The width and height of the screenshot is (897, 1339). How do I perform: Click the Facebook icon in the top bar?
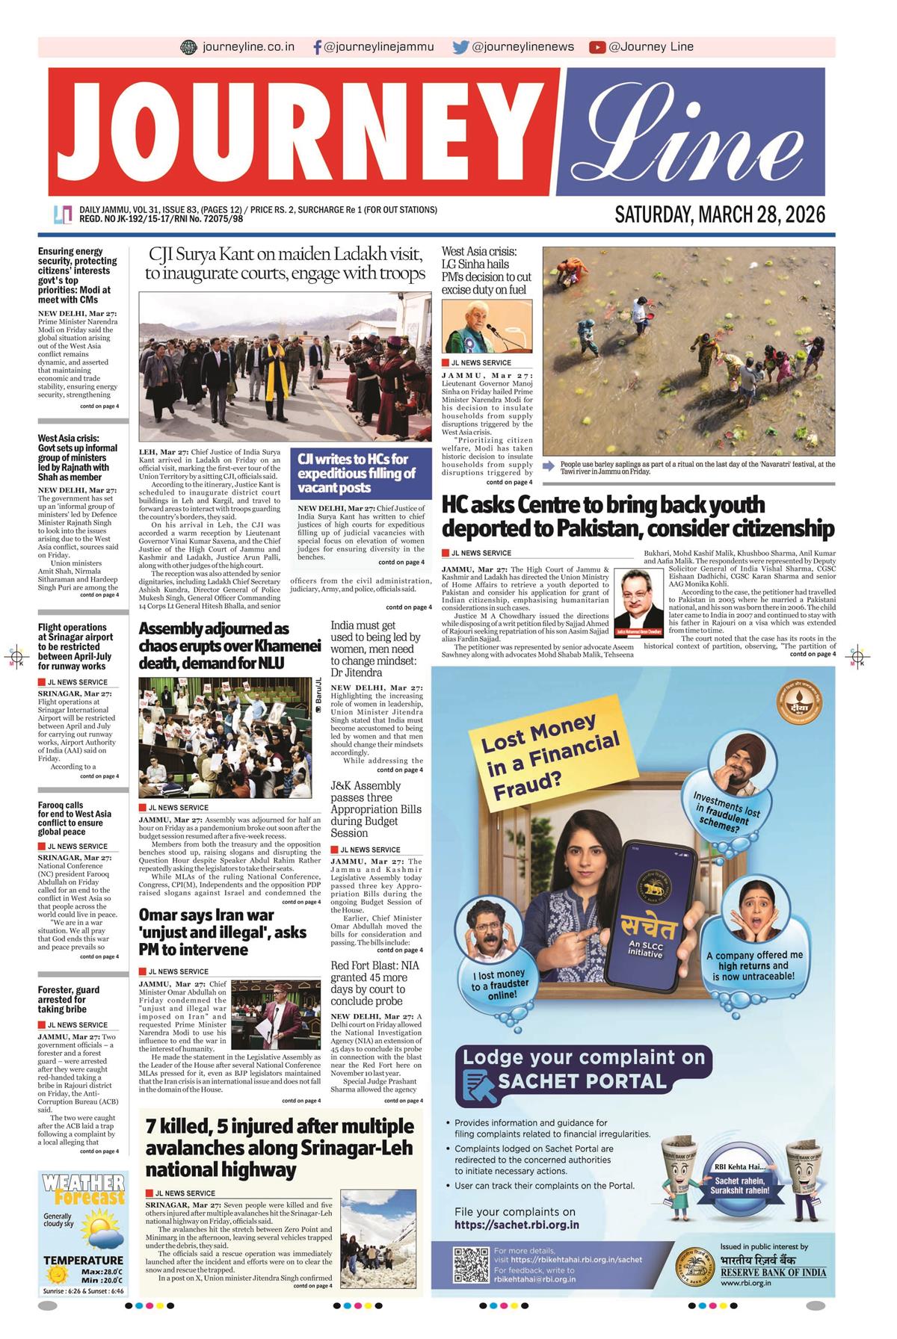(318, 47)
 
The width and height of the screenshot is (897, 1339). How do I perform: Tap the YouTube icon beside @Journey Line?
(597, 47)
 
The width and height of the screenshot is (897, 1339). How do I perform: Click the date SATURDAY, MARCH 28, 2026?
(719, 215)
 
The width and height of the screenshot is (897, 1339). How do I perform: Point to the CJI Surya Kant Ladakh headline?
(286, 264)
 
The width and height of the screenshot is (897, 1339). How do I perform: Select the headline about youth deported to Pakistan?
(637, 516)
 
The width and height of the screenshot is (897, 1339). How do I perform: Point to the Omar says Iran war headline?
(223, 932)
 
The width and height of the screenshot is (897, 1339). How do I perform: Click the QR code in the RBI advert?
(471, 1264)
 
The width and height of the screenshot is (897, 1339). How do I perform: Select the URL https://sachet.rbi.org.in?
(517, 1225)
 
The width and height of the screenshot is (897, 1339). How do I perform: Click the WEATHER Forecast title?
(84, 1190)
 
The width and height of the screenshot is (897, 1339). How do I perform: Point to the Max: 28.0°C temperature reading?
(102, 1272)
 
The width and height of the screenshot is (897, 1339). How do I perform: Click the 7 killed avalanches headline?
(280, 1147)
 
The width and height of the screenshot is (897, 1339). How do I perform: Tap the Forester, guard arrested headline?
(69, 999)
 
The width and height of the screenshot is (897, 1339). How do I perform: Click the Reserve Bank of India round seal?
(694, 1267)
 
